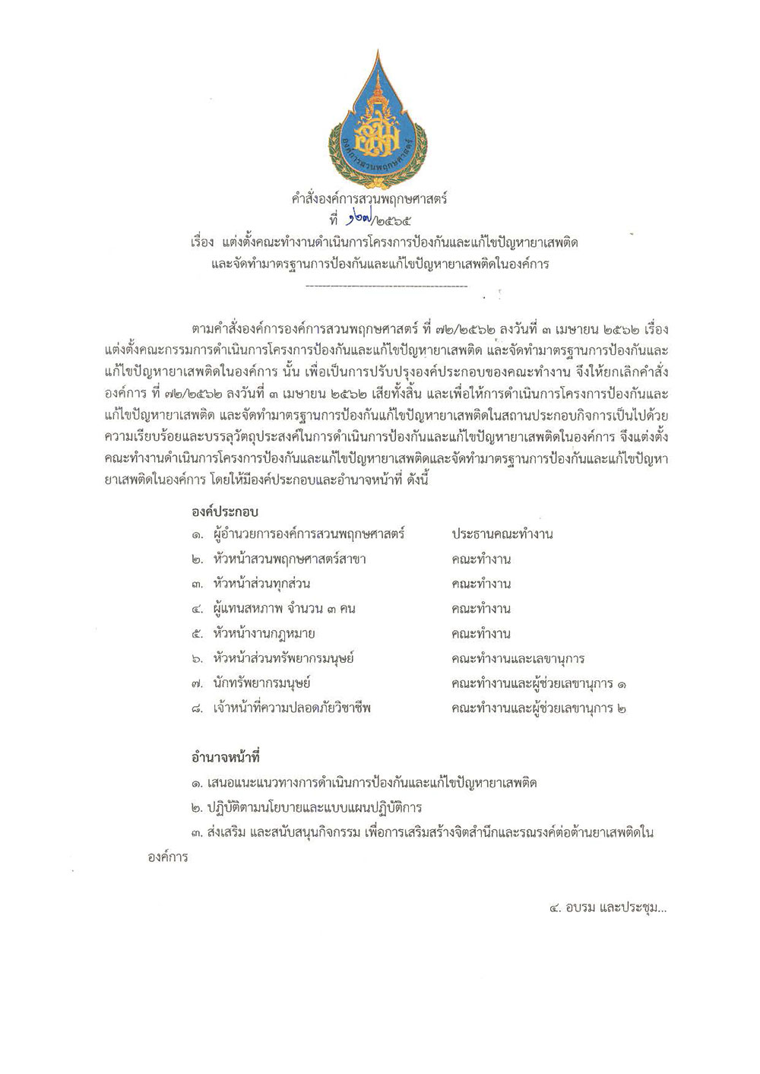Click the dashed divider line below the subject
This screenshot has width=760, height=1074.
coord(385,286)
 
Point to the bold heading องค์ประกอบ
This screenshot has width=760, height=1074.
coord(226,512)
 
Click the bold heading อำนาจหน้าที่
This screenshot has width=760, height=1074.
coord(226,758)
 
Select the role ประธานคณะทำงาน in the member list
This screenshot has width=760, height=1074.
coord(502,534)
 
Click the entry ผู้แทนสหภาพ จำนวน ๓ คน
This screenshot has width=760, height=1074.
coord(285,609)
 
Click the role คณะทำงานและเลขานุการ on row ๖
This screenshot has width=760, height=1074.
coord(518,659)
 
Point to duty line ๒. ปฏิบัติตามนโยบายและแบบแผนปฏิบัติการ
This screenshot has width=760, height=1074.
coord(307,807)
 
